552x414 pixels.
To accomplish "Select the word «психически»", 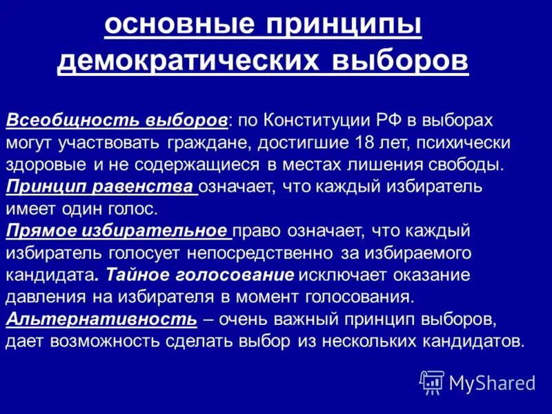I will pyautogui.click(x=473, y=142).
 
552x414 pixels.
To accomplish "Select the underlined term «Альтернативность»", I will pyautogui.click(x=101, y=320).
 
